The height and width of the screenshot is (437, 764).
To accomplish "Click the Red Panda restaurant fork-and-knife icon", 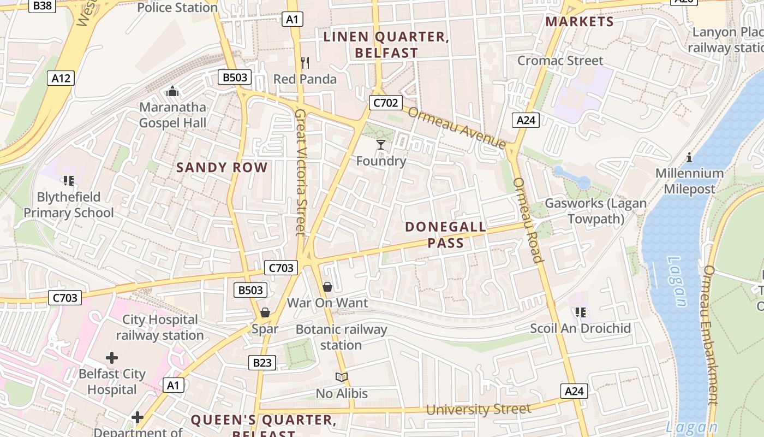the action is pos(305,63).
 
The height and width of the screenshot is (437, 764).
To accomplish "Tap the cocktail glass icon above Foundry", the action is pos(381,145).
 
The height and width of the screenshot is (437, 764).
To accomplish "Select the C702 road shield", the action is pos(385,103).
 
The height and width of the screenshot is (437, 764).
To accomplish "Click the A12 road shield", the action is pos(61,78).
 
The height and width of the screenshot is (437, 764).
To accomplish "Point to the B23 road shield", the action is pos(262,362).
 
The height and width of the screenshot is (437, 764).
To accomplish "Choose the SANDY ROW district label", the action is pos(222,168).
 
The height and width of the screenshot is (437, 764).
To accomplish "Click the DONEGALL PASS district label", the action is pos(445,235).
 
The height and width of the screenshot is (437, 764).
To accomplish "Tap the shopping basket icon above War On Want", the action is pos(327,287).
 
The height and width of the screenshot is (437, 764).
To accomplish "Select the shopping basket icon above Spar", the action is pos(265,313).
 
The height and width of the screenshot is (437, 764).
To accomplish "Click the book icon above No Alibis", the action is pos(342,377).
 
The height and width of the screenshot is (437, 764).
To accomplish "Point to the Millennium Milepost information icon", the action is pos(689,157).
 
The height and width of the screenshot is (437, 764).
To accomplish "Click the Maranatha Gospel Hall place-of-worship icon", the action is pos(172,91).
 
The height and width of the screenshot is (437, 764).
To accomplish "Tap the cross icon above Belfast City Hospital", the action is pos(112,358).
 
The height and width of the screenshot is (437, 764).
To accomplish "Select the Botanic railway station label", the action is pos(341,337).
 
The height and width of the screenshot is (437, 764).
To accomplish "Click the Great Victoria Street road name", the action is pos(300,172).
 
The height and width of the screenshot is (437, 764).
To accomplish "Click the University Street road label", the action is pos(478,409).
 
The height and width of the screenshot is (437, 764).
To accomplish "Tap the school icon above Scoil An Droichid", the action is pos(580,312).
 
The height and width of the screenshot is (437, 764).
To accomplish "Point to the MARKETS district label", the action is pos(580,22).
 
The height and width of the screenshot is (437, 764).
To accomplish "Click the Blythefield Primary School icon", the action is pos(69,180).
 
